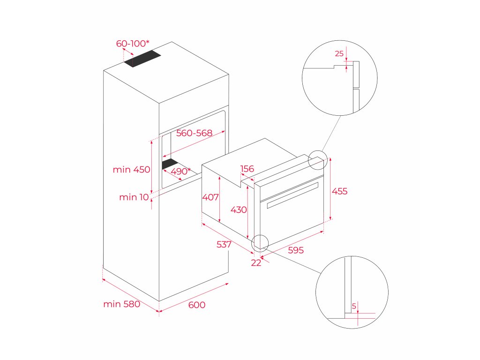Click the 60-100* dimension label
[x=133, y=44]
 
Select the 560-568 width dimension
[x=195, y=133]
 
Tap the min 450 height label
[x=131, y=170]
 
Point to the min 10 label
[x=134, y=197]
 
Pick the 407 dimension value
[x=210, y=197]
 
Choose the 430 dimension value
[x=239, y=210]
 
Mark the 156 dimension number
[x=247, y=169]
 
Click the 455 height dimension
[x=339, y=191]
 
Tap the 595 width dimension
[x=296, y=250]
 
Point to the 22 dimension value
[x=256, y=263]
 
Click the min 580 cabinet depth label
[x=121, y=304]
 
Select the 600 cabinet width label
[x=197, y=305]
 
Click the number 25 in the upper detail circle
[x=339, y=54]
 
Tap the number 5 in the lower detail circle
[x=354, y=307]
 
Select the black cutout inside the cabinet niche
[x=169, y=164]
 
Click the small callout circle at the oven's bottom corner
[x=259, y=242]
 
